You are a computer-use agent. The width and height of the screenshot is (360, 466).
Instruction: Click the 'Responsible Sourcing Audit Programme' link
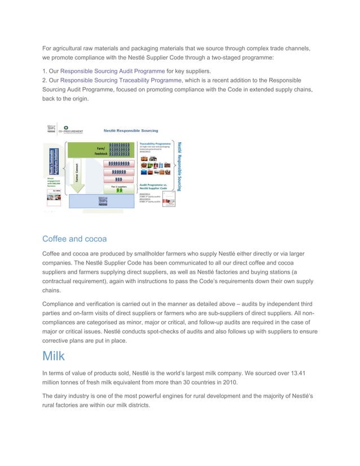pos(112,71)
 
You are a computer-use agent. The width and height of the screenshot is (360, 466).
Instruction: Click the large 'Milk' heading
pos(54,356)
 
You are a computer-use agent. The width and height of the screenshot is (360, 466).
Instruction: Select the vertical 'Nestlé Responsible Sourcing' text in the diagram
pos(180,166)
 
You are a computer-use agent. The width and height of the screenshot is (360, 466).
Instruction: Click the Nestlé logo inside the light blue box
pos(103,202)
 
